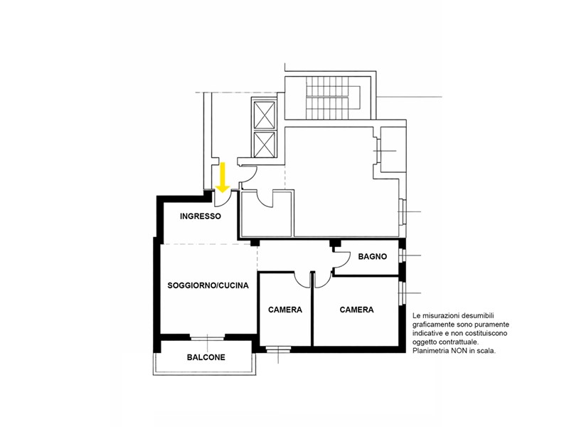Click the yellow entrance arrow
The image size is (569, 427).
tap(223, 177)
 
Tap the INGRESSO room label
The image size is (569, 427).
tap(201, 216)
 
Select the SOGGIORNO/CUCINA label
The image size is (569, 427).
tap(208, 285)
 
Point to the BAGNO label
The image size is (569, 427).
tap(372, 256)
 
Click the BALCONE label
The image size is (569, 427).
tap(206, 357)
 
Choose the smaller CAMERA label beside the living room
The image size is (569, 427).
tap(285, 310)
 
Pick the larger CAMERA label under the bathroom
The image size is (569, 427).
tap(356, 310)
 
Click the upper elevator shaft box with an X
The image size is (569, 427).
tap(264, 115)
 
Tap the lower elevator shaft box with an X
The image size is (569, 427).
tap(264, 144)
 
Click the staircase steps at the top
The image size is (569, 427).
tap(326, 97)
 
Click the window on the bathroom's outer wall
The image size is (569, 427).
tap(401, 255)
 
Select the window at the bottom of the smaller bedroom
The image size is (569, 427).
tap(278, 349)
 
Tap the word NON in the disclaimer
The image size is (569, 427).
tap(459, 351)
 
